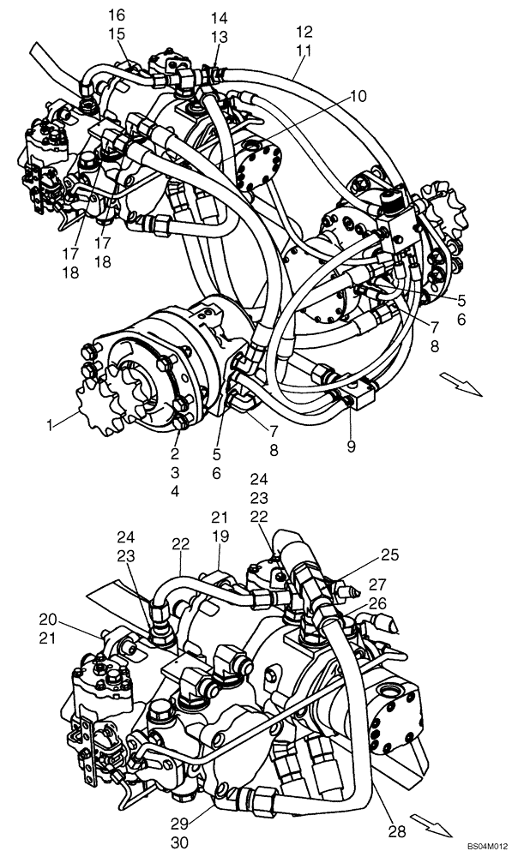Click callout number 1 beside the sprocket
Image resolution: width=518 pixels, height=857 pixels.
51,424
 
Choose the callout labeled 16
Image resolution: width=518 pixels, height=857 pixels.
116,15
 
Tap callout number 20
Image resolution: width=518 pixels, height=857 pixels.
48,619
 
